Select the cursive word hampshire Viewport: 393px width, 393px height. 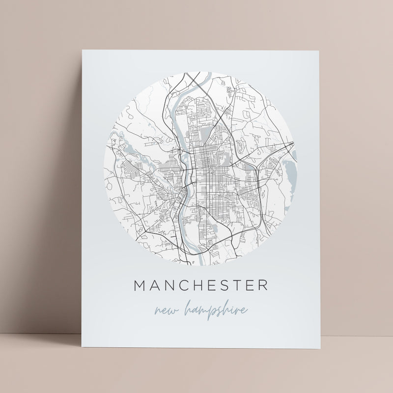215,309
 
